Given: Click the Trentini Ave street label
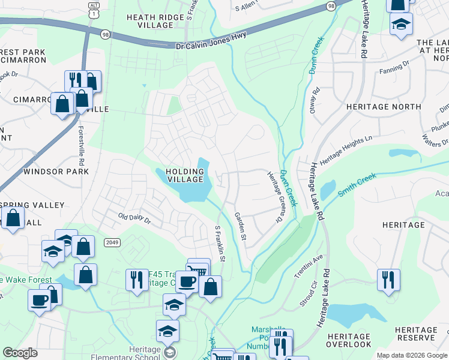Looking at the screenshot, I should click(x=309, y=263).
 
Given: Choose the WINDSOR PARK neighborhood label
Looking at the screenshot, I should click(x=56, y=172).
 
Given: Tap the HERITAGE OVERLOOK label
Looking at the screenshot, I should click(x=349, y=340).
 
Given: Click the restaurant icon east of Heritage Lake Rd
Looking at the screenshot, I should click(x=388, y=280).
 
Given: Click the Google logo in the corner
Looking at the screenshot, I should click(x=20, y=353).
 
